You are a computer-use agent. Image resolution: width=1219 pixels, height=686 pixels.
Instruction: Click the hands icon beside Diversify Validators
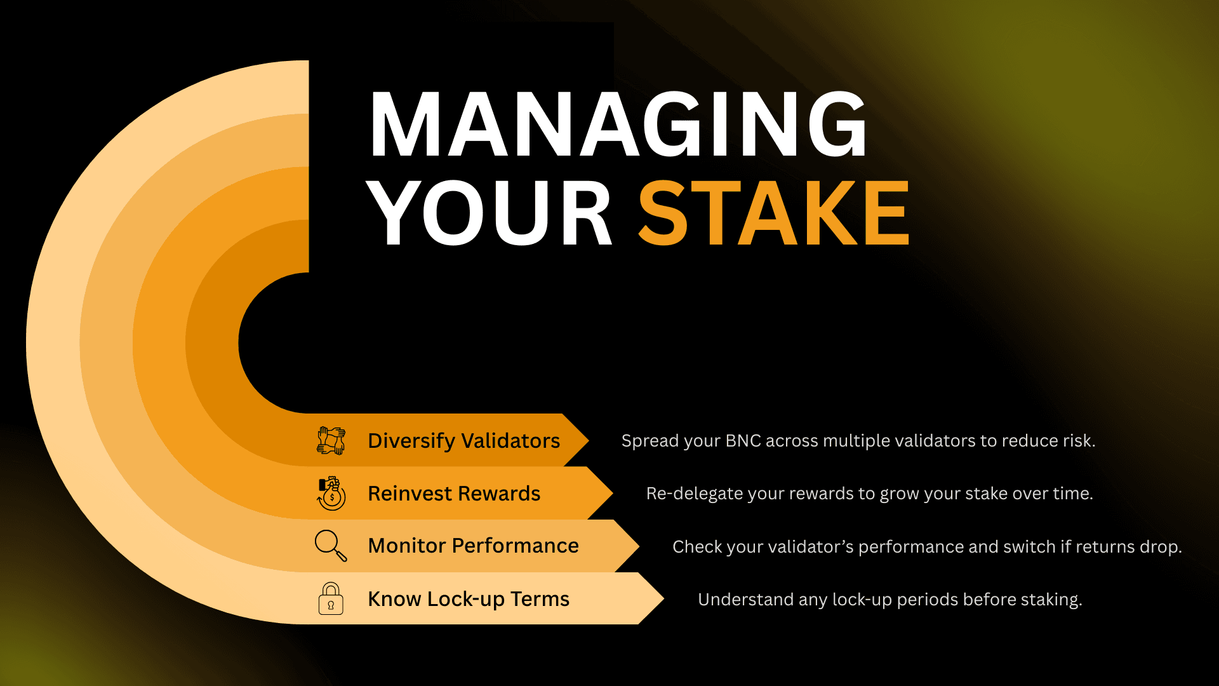coord(331,441)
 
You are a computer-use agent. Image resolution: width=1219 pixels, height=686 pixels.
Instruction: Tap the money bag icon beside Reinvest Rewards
coord(331,494)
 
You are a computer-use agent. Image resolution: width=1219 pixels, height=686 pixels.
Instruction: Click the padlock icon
coord(331,598)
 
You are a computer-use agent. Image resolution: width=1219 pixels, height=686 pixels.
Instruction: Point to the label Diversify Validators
coord(463,441)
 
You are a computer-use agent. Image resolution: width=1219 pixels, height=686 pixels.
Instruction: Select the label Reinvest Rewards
coord(454,494)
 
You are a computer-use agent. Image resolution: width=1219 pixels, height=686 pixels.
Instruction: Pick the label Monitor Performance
coord(473,546)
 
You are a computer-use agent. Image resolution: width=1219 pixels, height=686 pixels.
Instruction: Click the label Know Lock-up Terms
coord(469,599)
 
